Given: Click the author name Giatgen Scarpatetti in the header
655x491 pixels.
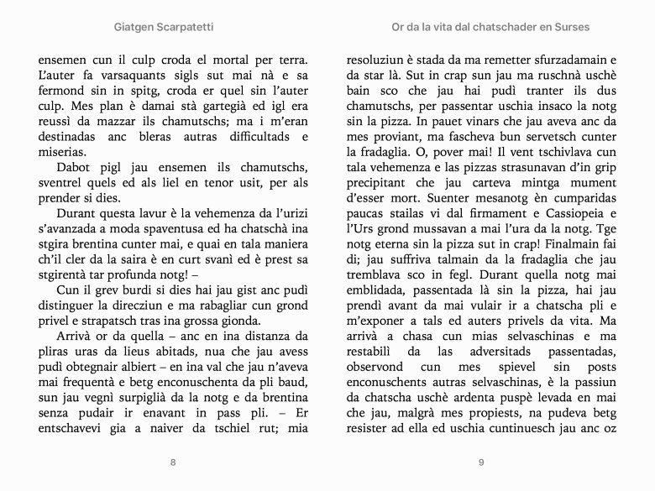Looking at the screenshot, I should tap(163, 27).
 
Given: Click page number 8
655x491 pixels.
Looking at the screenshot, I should tap(173, 462).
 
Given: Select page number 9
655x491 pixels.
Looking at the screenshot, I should tap(481, 462).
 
